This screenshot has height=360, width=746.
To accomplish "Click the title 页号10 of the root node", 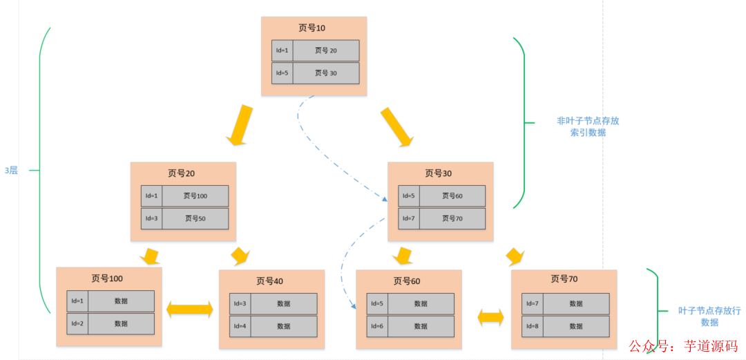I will point(312,28).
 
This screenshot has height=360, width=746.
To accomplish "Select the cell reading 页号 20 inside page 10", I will point(325,50).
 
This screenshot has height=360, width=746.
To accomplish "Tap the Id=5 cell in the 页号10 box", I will point(282,73).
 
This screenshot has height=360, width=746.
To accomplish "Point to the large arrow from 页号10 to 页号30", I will point(396,127).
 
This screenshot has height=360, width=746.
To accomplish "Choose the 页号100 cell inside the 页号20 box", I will point(195,196).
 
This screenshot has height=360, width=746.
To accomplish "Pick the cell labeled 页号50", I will point(195,218).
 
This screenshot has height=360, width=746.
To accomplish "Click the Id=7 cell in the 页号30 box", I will point(408,218).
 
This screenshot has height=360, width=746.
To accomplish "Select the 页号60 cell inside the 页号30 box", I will point(452,196).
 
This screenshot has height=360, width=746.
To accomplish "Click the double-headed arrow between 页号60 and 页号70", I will point(491,317).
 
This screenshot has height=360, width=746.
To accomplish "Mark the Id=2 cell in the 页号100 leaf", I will point(77,323).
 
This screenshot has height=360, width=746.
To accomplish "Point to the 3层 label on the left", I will point(11,170).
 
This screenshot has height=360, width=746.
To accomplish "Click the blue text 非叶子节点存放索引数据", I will point(588,126).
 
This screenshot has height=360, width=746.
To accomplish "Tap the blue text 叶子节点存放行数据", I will point(709,316).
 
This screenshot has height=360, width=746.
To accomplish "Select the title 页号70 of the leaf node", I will point(564,279).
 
